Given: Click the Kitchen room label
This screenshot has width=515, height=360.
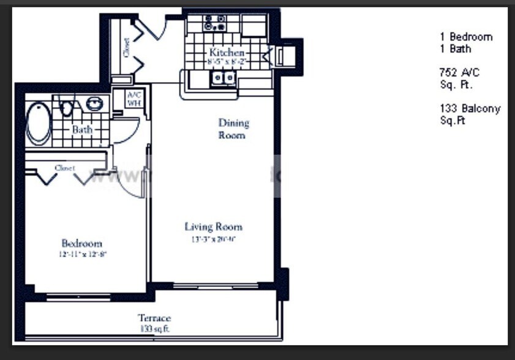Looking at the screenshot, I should click(227, 53).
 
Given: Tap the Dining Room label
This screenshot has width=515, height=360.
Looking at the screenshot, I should click(233, 129).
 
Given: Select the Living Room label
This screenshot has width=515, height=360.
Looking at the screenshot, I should click(214, 227).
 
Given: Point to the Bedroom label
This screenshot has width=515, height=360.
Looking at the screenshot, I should click(81, 243).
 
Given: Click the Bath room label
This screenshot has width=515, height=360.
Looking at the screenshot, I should click(82, 130).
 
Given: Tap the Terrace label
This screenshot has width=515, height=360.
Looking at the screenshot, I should click(154, 318).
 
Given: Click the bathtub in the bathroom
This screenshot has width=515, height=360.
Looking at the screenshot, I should click(39, 122).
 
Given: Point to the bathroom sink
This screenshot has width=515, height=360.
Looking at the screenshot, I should click(94, 103).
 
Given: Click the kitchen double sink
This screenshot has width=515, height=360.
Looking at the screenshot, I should click(223, 78).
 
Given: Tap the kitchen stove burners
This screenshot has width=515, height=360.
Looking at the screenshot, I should click(214, 23).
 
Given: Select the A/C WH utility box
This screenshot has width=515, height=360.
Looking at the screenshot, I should click(134, 99).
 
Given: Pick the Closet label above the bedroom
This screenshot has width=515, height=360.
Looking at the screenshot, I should click(64, 167).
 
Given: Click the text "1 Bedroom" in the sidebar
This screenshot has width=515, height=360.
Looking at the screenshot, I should click(465, 37).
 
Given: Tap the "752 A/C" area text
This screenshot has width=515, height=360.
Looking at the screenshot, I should click(459, 72).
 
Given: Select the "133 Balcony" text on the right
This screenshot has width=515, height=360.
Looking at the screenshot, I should click(470, 109).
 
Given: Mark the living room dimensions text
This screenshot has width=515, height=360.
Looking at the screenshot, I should click(213, 239).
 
